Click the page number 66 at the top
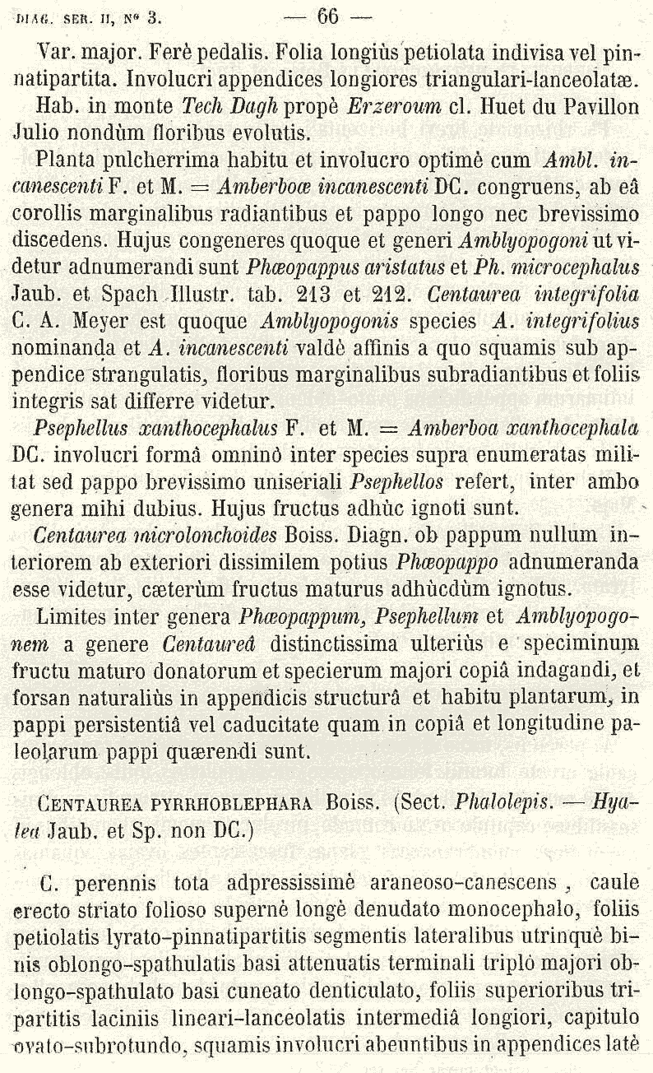(x=327, y=14)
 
